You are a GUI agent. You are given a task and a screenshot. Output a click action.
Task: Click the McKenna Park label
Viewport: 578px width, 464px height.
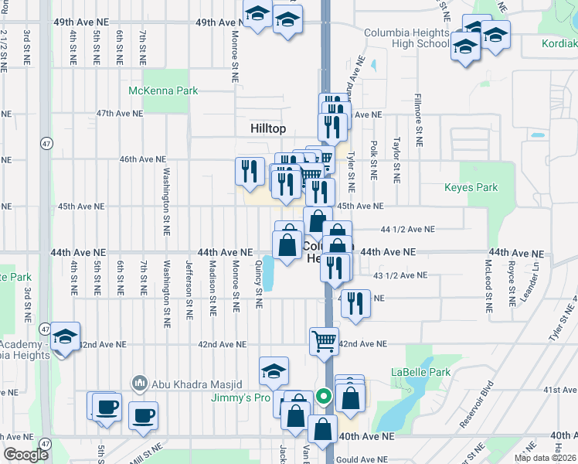coord(163,91)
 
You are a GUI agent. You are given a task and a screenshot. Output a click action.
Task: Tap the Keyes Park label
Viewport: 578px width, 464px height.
coord(471,187)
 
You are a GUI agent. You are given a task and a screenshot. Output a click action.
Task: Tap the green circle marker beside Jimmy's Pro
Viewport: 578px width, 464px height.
coord(323,397)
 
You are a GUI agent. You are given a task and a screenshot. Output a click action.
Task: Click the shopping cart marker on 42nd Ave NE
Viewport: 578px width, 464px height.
coord(324,340)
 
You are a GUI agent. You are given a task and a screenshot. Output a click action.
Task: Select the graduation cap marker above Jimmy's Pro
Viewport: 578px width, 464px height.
coord(274,371)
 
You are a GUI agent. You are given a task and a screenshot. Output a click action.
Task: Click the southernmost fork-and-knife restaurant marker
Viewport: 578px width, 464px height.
coord(355,302)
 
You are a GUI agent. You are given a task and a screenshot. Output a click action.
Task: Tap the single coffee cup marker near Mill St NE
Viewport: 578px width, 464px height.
coord(143,415)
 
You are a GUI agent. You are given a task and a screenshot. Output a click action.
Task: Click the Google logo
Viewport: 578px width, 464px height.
coord(25,455)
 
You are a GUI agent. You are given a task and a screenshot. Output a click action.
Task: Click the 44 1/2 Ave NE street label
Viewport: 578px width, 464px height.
coord(408,230)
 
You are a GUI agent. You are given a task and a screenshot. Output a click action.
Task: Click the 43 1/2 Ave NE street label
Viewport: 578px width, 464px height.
coord(400,275)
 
